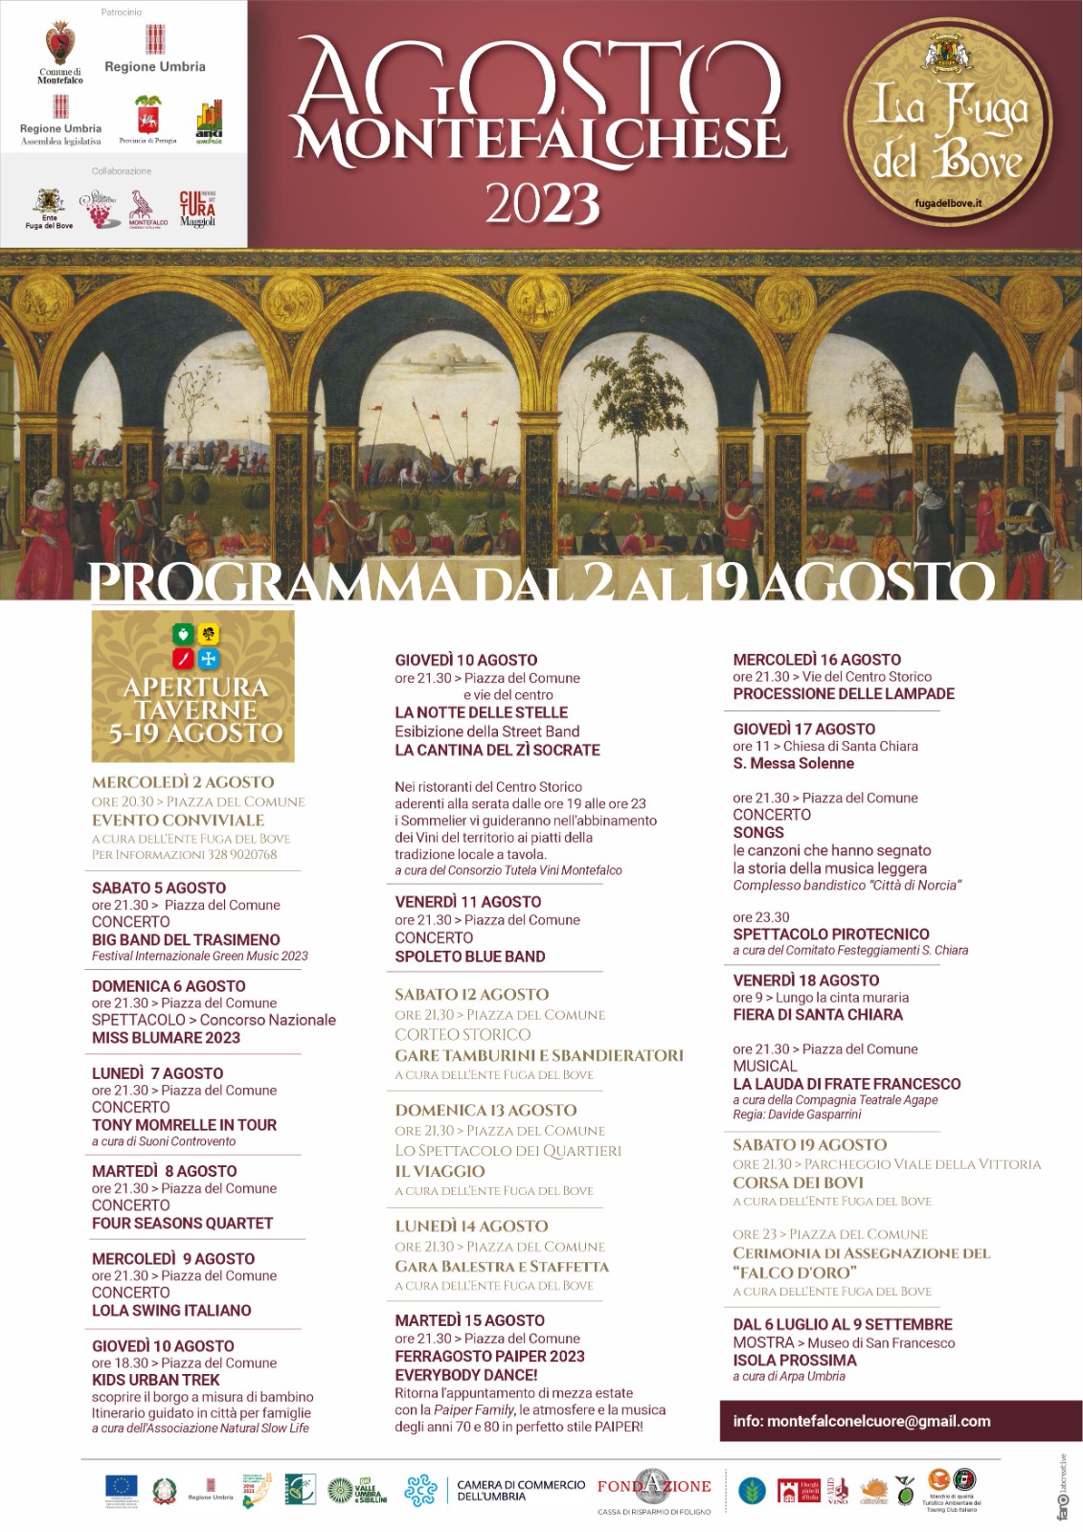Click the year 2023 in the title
coord(543,203)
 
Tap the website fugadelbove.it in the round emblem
coord(948,203)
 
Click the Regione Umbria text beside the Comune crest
coord(155,67)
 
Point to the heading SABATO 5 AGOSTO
coord(159,888)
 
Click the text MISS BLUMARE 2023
coord(166,1038)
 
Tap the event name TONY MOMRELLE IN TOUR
coord(184,1125)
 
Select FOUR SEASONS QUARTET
coord(182,1223)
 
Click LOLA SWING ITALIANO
coord(171,1310)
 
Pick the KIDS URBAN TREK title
coord(155,1380)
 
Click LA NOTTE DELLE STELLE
coord(481,712)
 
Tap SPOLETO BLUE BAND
coord(469,957)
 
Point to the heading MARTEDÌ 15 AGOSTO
coord(469,1320)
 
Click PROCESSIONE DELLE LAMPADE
coord(844,693)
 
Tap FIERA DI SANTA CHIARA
coord(818,1014)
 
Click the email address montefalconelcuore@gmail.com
coord(862,1421)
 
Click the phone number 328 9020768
coord(240,854)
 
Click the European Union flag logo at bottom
coord(121,1487)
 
